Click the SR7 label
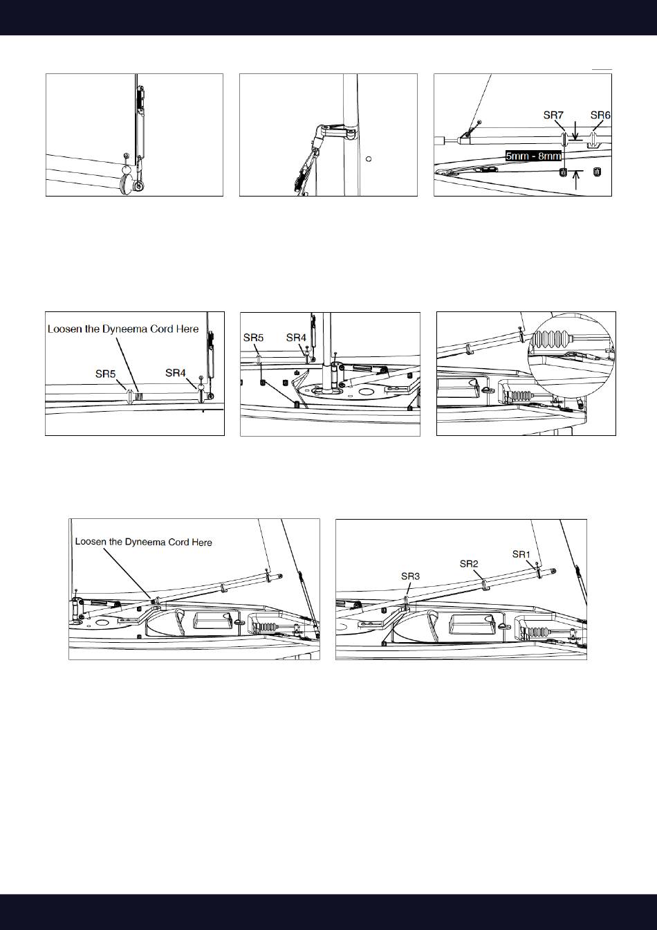coord(553,115)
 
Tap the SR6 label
coord(600,115)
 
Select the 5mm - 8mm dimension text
coord(533,156)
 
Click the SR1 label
coord(521,554)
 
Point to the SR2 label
coord(469,564)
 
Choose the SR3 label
coord(410,576)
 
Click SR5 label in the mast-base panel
coord(253,338)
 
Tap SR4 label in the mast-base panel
coord(296,338)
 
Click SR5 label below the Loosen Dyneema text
coord(105,374)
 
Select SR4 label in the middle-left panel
coord(175,373)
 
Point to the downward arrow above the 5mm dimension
coord(575,131)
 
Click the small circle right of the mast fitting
coord(369,158)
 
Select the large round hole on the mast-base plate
coord(366,392)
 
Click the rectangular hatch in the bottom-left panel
coord(213,621)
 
